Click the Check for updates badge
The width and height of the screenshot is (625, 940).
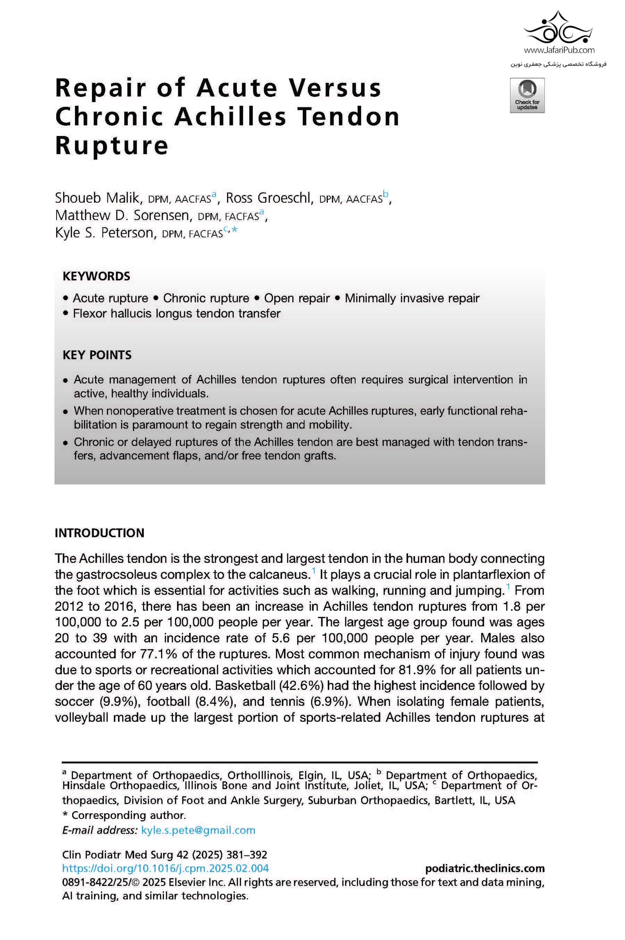(527, 95)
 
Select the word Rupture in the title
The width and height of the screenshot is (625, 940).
(111, 145)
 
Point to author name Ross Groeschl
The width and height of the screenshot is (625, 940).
(268, 198)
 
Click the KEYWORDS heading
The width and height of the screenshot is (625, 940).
(97, 276)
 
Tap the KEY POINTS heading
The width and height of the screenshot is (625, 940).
(97, 355)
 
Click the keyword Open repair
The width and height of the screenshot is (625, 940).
(297, 298)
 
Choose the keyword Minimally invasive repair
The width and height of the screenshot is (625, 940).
(412, 298)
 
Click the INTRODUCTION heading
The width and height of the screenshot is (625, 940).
(99, 533)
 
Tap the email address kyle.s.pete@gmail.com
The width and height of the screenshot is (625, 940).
(198, 830)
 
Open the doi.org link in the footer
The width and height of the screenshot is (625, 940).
(165, 868)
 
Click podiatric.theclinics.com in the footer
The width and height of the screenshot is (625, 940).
(485, 868)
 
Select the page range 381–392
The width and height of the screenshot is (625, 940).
(247, 855)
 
